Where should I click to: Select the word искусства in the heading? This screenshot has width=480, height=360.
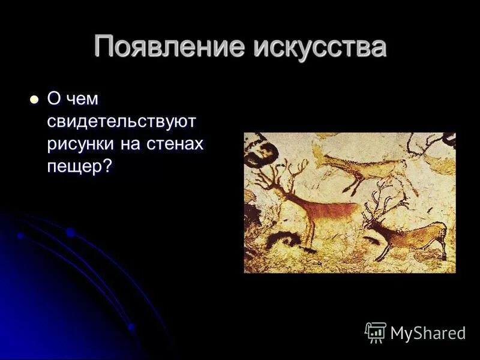[319, 47]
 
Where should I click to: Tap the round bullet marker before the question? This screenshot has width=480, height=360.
[34, 99]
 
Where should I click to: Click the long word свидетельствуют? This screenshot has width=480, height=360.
[122, 122]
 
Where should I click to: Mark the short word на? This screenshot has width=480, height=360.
[129, 144]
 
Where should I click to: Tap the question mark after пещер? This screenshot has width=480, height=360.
[107, 166]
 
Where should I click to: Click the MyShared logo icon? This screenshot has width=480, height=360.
[376, 332]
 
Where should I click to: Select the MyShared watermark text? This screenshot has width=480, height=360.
[428, 334]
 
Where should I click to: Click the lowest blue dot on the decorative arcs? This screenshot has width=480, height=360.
[131, 327]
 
